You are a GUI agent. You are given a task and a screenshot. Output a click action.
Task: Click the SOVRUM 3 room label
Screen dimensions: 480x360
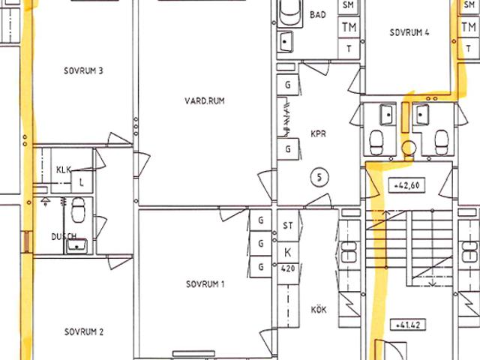[x=83, y=71]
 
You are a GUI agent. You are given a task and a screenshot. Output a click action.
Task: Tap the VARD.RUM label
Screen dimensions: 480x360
[x=205, y=100]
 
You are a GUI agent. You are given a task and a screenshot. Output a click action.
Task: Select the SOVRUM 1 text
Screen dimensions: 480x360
[x=205, y=284]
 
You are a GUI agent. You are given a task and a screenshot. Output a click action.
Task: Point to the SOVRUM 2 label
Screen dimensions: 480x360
[x=84, y=331]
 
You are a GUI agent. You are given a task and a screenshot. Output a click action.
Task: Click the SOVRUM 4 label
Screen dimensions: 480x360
[x=409, y=32]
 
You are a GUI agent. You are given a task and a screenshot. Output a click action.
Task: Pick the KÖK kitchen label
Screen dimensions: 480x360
[x=319, y=310]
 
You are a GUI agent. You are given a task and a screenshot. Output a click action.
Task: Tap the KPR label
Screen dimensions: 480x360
[x=318, y=133]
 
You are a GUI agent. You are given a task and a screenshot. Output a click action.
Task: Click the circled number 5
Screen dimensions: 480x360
[x=319, y=178]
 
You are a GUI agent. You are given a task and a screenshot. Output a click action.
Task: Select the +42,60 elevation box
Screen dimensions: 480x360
[x=406, y=185]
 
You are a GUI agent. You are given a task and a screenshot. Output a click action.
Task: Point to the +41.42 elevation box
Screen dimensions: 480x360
[x=408, y=325]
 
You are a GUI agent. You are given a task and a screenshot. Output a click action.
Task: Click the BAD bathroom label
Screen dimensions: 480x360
[x=318, y=15]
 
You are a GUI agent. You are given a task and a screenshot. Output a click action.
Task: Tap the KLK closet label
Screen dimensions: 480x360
[x=64, y=169]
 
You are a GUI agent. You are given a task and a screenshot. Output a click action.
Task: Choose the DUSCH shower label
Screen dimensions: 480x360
[x=64, y=237]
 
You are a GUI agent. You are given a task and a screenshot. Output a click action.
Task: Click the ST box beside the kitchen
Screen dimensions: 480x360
[x=288, y=226]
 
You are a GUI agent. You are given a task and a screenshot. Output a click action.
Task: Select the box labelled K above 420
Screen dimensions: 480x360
[x=288, y=253]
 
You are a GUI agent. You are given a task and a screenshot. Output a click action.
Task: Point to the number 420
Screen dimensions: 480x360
[x=288, y=268]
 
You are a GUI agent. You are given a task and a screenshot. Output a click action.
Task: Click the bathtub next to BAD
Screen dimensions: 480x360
[x=289, y=12]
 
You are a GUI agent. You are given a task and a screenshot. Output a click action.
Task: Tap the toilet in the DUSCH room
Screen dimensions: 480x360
[x=78, y=210]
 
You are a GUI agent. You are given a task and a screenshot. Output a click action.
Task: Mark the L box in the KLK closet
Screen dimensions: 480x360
[x=82, y=182]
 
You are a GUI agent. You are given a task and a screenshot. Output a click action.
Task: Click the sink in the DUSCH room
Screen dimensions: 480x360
[x=76, y=247]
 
